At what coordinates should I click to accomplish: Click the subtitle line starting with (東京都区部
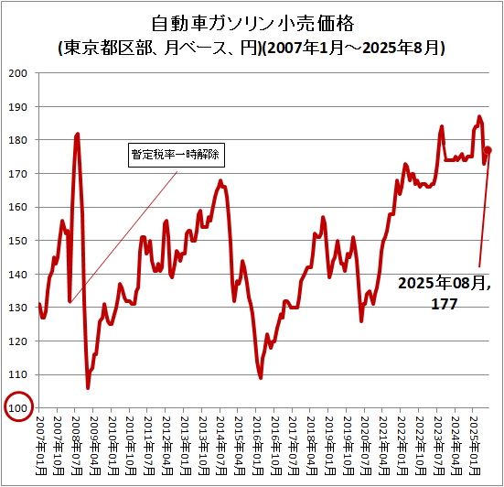252,47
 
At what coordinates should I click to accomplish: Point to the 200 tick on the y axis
19,73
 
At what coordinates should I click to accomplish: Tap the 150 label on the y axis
19,241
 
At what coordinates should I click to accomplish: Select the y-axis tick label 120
19,341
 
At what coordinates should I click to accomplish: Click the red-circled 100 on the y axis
19,408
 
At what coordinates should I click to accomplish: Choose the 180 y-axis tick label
19,140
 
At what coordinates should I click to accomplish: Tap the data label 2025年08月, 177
444,292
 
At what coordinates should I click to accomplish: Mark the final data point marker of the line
488,150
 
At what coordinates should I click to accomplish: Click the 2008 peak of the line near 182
78,135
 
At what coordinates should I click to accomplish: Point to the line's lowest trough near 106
88,387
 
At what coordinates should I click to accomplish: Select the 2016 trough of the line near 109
261,377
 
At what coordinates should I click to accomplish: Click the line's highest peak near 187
479,117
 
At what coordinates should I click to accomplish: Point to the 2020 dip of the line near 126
361,320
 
